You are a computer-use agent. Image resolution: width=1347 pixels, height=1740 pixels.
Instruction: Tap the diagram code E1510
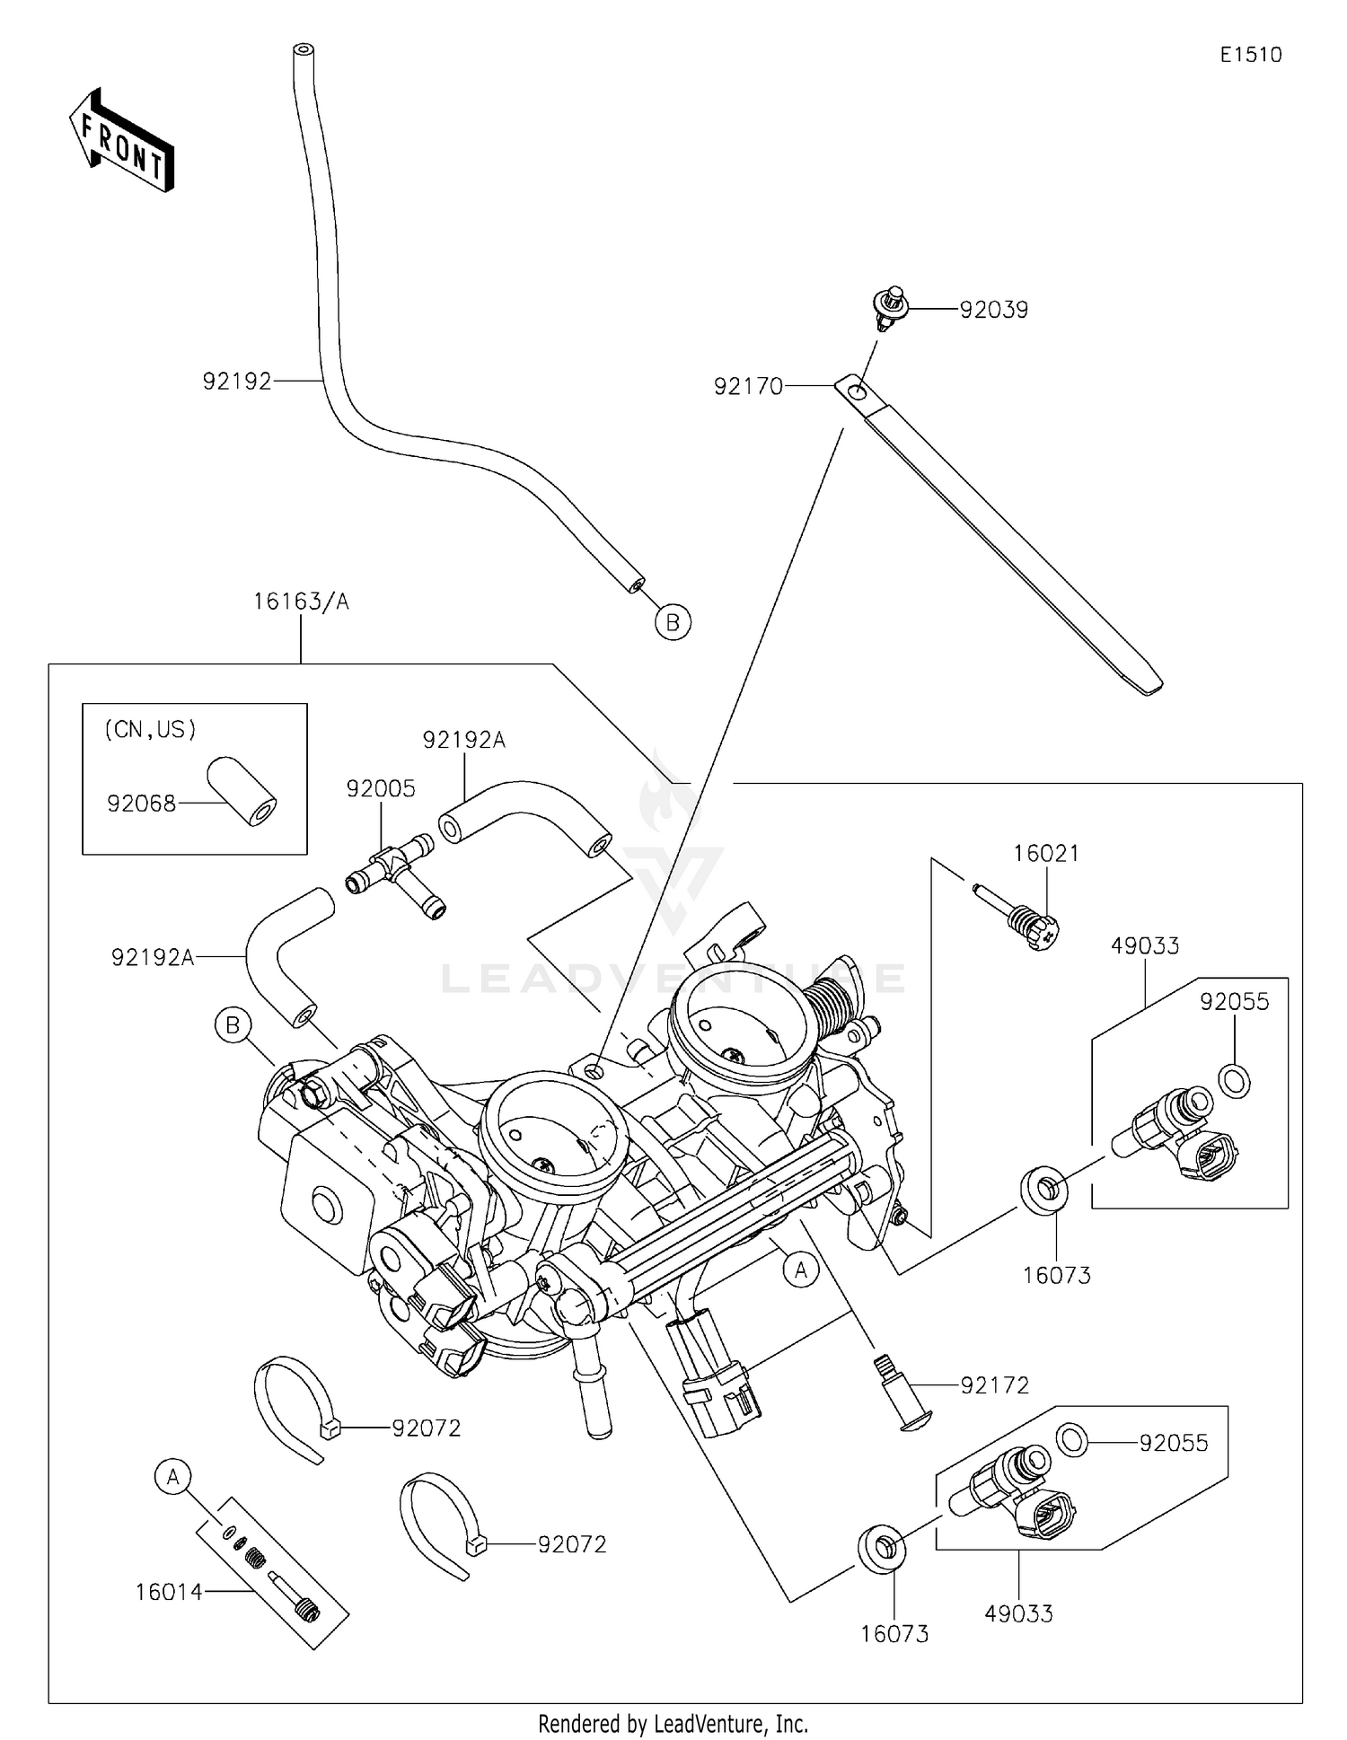(x=1250, y=55)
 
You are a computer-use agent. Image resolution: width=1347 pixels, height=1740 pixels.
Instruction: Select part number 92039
(x=993, y=310)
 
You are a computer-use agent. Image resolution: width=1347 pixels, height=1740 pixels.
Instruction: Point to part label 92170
(x=748, y=386)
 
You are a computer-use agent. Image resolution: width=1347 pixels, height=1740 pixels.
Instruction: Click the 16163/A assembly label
(x=301, y=602)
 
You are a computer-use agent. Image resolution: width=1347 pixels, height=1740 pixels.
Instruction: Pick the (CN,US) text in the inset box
(x=150, y=730)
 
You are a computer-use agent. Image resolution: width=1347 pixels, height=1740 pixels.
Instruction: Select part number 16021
(x=1046, y=854)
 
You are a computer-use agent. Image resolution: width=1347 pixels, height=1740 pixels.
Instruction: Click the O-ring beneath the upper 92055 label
(x=1236, y=1081)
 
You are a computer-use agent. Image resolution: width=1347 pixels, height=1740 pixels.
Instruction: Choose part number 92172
(x=995, y=1385)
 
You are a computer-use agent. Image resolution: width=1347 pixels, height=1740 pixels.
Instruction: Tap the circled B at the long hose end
(x=673, y=621)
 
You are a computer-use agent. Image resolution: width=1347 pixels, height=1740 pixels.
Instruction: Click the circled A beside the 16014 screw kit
(x=173, y=1477)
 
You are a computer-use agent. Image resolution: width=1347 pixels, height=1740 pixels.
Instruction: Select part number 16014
(x=169, y=1593)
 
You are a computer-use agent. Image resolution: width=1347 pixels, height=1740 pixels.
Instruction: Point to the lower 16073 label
(x=894, y=1634)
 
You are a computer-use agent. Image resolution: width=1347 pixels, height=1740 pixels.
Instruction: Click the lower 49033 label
(x=1018, y=1613)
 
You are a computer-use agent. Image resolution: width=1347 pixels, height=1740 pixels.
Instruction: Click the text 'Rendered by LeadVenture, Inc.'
(x=673, y=1724)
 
